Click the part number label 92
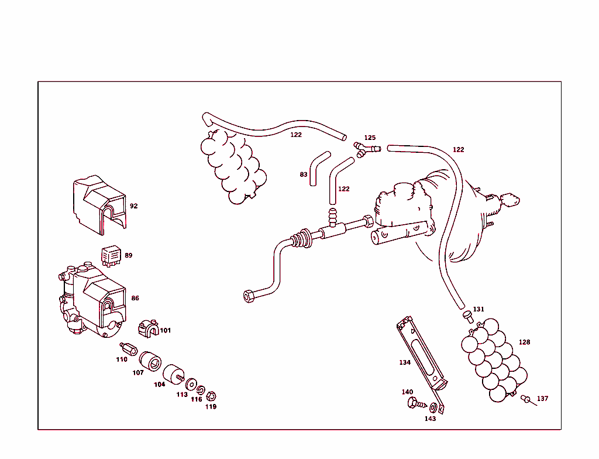coord(134,205)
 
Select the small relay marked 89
coord(111,255)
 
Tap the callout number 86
coord(135,298)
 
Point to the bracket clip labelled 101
coord(148,329)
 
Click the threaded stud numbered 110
coord(129,349)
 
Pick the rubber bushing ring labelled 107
coord(150,361)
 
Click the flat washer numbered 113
coord(191,384)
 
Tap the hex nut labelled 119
coord(211,396)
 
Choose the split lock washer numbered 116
coord(201,391)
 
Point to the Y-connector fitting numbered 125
coord(367,149)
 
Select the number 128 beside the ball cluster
coord(524,342)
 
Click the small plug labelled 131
coord(468,317)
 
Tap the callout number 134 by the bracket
coord(405,362)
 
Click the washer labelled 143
coord(433,407)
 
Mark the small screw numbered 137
coord(529,400)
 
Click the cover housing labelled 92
coord(99,205)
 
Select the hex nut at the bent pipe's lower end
coord(249,296)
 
